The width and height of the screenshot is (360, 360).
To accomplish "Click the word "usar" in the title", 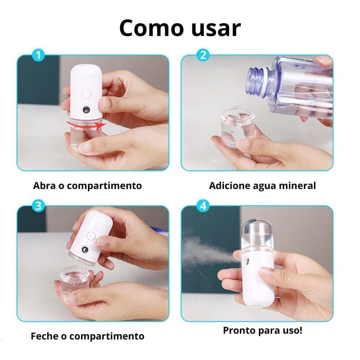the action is (216, 29).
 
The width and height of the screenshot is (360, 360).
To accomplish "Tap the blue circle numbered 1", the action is (39, 55).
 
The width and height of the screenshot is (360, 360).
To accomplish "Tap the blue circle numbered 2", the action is (203, 55).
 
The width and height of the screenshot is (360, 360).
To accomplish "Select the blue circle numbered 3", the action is (39, 206).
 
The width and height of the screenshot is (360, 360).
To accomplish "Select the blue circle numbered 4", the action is (203, 206).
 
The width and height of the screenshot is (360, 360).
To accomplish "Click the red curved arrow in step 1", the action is (86, 126).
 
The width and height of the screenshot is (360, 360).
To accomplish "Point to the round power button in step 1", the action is (86, 94).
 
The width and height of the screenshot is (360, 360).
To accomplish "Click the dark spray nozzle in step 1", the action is (86, 110).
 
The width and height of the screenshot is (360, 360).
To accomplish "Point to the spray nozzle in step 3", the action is (85, 250).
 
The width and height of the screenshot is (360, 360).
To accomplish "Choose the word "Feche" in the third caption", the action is (45, 336).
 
